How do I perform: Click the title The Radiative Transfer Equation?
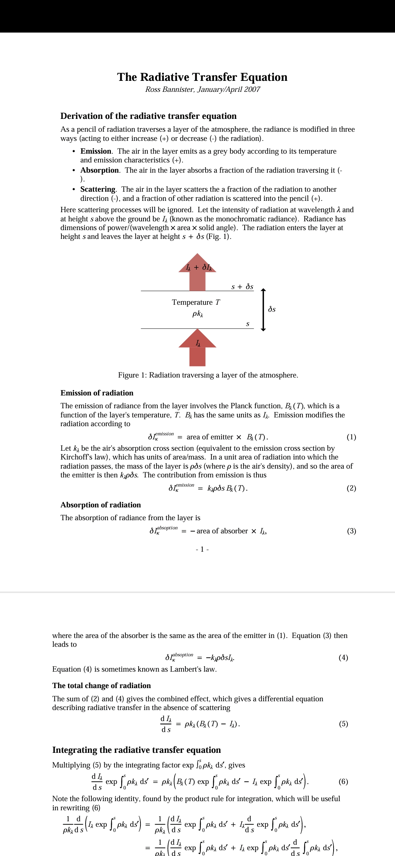[x=202, y=77]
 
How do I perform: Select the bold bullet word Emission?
[x=96, y=151]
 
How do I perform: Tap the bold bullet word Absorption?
[x=99, y=170]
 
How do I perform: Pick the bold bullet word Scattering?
[x=98, y=189]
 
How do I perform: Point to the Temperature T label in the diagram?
[x=196, y=302]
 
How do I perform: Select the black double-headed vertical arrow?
[x=263, y=309]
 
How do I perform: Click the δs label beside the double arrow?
[x=272, y=309]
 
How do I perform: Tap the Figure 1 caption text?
[x=208, y=375]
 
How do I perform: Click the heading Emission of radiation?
[x=97, y=393]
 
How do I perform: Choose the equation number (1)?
[x=351, y=437]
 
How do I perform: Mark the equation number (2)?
[x=351, y=488]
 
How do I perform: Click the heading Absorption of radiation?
[x=101, y=505]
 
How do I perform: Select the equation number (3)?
[x=351, y=531]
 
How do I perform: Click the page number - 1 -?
[x=202, y=549]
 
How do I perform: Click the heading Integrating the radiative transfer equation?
[x=136, y=750]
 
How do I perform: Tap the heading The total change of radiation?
[x=101, y=686]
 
